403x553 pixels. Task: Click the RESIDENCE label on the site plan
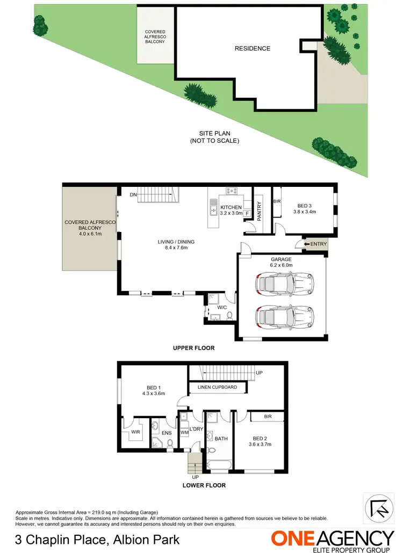252,48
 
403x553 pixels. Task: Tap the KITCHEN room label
231,208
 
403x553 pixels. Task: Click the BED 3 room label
306,205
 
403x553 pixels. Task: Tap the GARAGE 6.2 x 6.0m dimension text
281,265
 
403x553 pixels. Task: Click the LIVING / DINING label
176,242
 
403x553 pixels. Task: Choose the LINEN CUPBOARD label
218,387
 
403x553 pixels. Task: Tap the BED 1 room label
153,388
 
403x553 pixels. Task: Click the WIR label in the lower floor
134,431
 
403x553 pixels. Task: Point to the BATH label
221,439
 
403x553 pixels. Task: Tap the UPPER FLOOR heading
193,348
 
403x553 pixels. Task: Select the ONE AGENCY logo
332,539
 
